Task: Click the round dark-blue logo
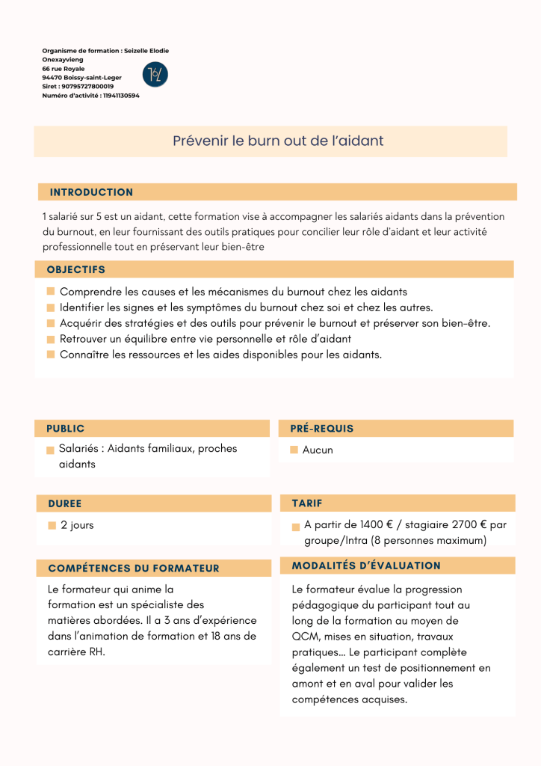[155, 74]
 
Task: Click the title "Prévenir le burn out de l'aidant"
[278, 141]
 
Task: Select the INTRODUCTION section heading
[91, 192]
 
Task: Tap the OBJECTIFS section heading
[75, 269]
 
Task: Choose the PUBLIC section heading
[65, 429]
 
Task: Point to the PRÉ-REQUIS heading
[321, 429]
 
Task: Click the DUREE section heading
[64, 503]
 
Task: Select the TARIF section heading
[307, 503]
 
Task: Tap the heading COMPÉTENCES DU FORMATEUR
[133, 569]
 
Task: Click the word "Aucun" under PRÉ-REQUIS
[318, 450]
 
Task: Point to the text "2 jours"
[77, 525]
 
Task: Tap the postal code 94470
[52, 78]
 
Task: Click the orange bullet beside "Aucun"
[294, 450]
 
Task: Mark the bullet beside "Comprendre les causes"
[51, 292]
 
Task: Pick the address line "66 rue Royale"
[64, 69]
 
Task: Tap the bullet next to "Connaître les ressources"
[51, 355]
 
